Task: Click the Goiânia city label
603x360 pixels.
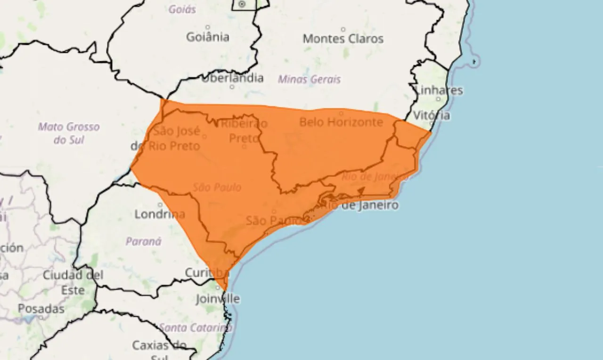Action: click(208, 37)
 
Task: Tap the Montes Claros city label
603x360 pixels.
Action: click(343, 39)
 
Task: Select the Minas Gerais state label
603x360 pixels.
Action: click(309, 79)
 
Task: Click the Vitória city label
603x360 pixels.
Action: click(432, 115)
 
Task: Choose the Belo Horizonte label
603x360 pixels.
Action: click(341, 122)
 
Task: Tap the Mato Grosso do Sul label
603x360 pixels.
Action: click(69, 133)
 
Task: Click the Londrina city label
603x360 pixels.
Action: click(160, 214)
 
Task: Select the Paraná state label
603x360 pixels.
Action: click(143, 241)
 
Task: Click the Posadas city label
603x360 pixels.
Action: click(41, 309)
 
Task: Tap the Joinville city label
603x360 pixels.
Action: click(218, 299)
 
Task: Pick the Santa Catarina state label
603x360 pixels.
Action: click(195, 327)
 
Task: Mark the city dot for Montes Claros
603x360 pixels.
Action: click(343, 29)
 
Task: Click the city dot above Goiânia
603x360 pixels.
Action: click(208, 27)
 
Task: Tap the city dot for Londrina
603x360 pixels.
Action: click(160, 205)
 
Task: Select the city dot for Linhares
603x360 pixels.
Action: click(438, 99)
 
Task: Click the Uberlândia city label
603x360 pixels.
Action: click(232, 78)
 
